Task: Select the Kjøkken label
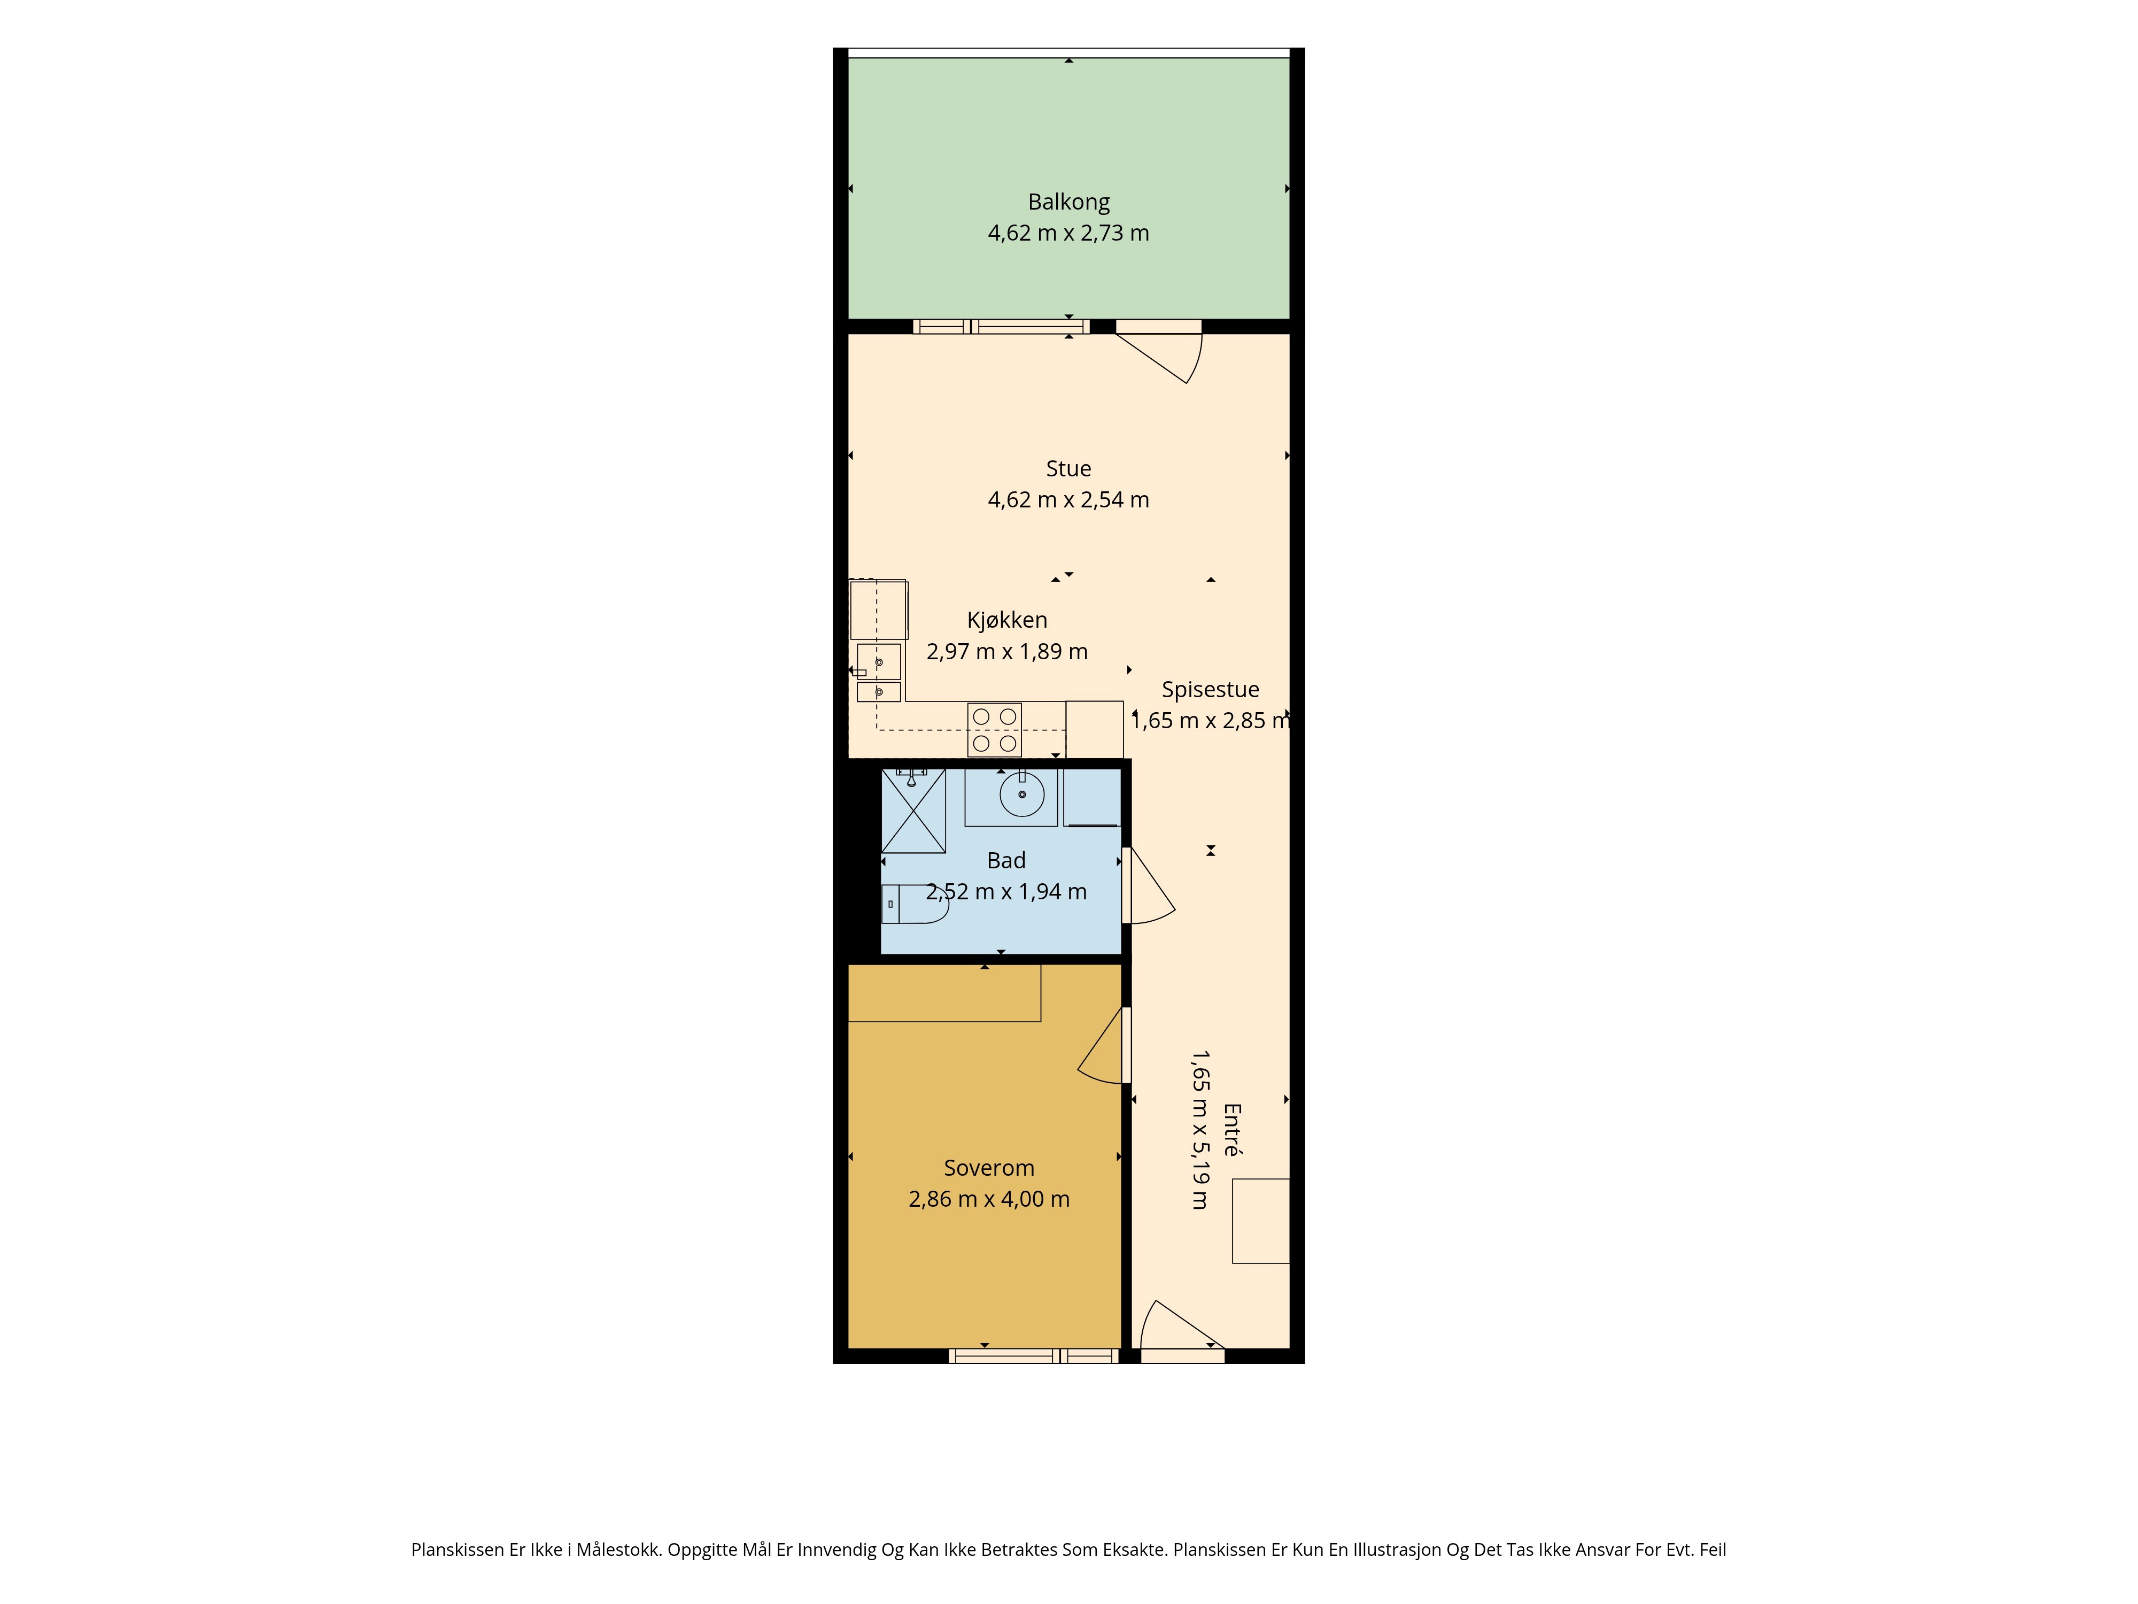[x=1007, y=620]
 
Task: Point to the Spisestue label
[x=1210, y=689]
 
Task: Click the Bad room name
[x=1006, y=860]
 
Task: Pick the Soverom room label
[x=989, y=1168]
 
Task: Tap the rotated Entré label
[x=1231, y=1129]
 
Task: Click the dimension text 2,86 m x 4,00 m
[x=989, y=1199]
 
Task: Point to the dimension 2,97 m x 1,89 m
[x=1007, y=652]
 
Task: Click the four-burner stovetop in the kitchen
[x=995, y=730]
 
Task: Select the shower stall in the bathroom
[x=913, y=811]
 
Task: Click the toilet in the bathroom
[x=915, y=904]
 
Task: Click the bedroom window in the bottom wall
[x=1033, y=1356]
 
